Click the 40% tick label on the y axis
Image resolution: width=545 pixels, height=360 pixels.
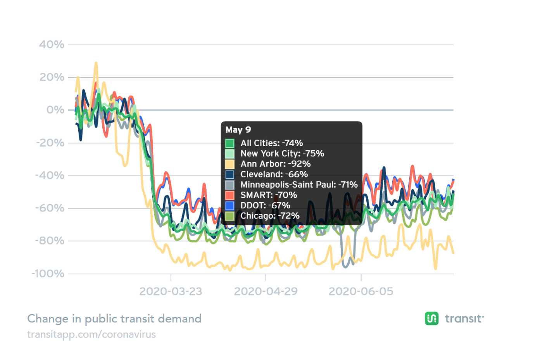tap(52, 45)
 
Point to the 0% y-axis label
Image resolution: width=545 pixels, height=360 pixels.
tap(55, 110)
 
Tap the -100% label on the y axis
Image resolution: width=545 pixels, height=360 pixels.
tap(48, 274)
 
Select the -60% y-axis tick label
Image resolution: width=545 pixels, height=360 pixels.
tap(50, 208)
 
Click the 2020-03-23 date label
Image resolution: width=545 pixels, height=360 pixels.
tap(171, 291)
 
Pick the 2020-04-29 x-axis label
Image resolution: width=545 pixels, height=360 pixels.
tap(266, 291)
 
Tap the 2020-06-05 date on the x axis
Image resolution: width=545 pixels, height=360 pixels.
tap(360, 291)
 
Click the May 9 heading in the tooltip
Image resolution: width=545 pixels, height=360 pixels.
tap(238, 130)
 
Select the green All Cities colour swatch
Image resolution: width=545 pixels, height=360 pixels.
tap(230, 143)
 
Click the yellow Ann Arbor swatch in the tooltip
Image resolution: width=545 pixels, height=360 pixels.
tap(230, 164)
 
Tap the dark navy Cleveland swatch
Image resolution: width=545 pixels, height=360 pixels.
tap(230, 174)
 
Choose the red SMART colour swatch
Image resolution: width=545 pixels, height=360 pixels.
tap(230, 195)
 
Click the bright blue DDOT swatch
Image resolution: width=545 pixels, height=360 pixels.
tap(230, 205)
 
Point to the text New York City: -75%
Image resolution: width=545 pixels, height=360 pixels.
tap(282, 153)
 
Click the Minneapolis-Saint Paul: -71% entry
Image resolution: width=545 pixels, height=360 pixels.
tap(298, 184)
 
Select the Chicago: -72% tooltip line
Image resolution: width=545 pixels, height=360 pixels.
tap(270, 216)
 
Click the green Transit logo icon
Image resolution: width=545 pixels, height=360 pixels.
tap(431, 319)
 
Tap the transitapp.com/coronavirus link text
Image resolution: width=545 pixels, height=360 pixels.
tap(91, 334)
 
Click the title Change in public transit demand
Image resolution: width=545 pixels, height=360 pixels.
tap(114, 319)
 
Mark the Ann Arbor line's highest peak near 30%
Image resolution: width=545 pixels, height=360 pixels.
tap(96, 63)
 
